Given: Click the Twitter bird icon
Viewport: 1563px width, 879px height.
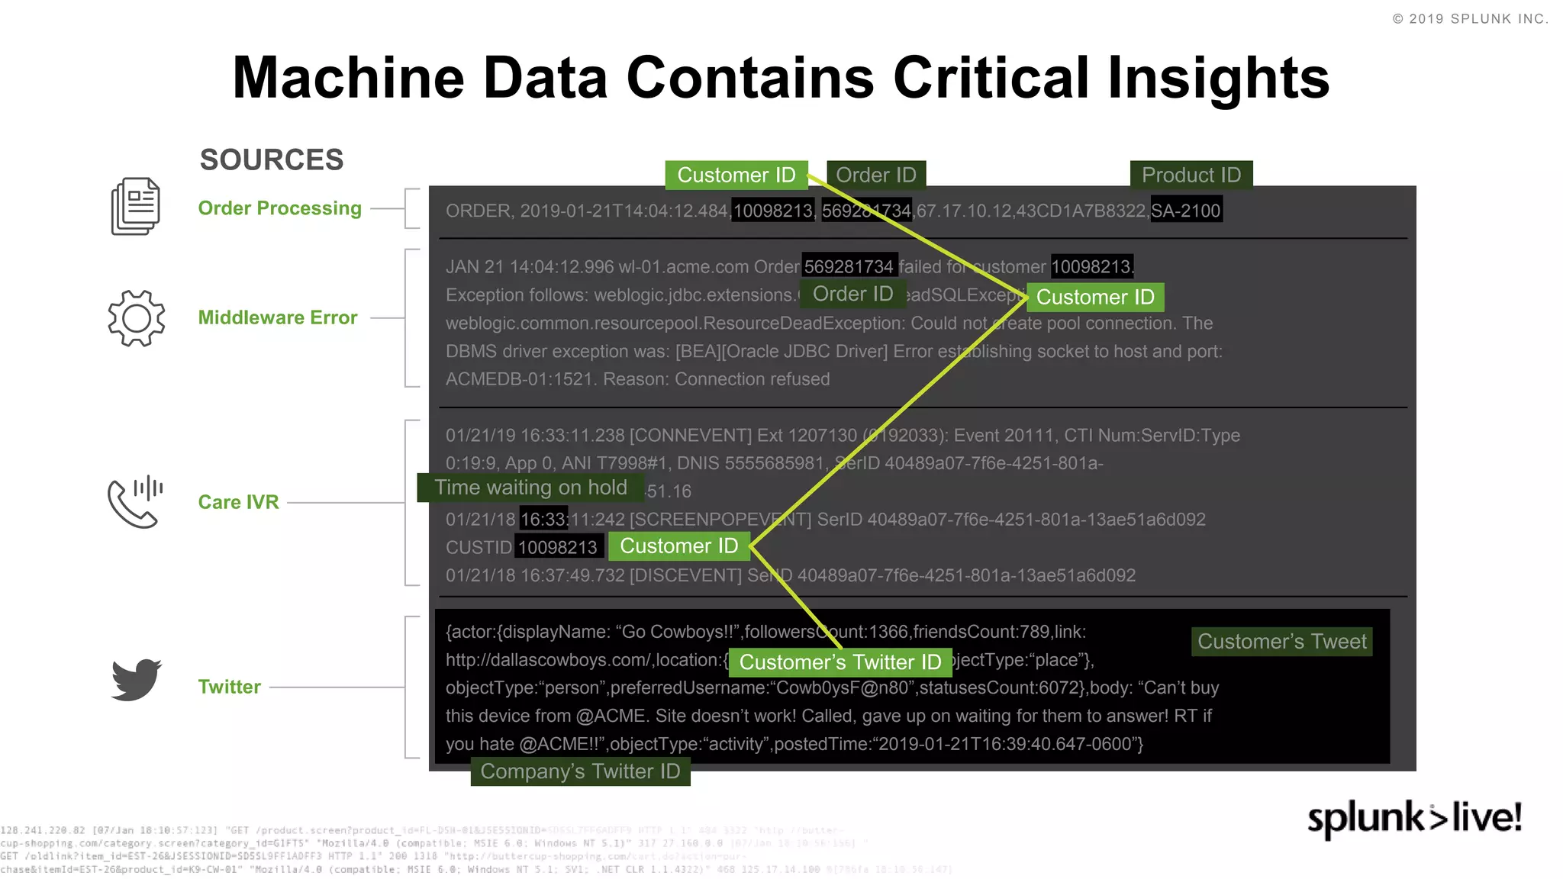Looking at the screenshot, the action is (x=136, y=679).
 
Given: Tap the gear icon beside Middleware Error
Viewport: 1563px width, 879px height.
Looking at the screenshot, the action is (x=136, y=318).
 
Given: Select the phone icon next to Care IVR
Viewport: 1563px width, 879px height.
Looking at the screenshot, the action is (x=135, y=502).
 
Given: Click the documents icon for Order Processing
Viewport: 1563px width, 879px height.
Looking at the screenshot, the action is (x=135, y=207).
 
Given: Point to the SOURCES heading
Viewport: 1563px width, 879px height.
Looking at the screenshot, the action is (x=272, y=160).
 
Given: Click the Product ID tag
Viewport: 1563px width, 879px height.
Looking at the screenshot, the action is (x=1191, y=175).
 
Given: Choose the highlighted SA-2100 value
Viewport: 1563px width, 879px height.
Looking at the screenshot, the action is (x=1185, y=211).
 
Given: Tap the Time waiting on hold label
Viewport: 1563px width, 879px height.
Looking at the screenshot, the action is (x=530, y=488).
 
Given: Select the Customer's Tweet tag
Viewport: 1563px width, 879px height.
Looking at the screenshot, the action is (x=1281, y=642).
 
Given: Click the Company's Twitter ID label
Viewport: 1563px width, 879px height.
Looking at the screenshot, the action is (x=580, y=771).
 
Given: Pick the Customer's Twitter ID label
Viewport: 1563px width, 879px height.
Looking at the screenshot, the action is (x=840, y=662).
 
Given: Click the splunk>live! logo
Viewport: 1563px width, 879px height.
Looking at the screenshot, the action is (x=1414, y=818).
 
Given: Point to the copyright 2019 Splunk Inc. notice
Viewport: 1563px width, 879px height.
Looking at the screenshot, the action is (x=1470, y=19).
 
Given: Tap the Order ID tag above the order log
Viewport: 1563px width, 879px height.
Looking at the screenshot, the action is (x=876, y=175).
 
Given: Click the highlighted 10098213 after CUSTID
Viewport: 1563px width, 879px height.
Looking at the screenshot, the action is (x=558, y=547).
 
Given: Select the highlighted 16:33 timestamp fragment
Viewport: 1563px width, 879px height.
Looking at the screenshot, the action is (x=543, y=520).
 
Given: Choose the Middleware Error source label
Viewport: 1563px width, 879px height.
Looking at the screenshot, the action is (x=278, y=318).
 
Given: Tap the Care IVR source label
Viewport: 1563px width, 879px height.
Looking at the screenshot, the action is (x=238, y=502).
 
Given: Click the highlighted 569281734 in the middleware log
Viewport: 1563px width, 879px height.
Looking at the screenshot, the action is (x=849, y=266).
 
